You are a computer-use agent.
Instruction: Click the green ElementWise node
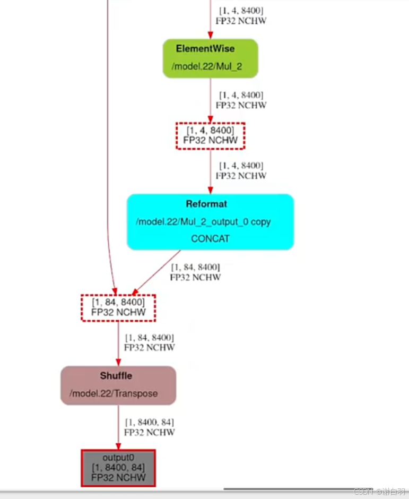[210, 58]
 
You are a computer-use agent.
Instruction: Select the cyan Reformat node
[210, 221]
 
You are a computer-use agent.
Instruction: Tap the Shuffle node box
[118, 385]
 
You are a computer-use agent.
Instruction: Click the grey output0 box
[118, 468]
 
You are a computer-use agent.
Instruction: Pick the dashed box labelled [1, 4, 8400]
[210, 135]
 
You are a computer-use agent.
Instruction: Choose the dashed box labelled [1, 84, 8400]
[118, 307]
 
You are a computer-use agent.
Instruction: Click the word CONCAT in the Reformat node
[210, 239]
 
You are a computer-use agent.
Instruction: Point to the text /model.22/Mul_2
[210, 66]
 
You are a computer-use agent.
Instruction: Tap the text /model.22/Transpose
[114, 394]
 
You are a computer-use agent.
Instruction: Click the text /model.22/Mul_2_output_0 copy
[203, 222]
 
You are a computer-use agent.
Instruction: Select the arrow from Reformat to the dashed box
[156, 272]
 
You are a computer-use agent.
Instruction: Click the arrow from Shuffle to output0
[118, 427]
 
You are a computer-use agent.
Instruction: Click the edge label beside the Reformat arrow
[195, 272]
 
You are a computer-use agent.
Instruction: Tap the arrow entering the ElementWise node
[210, 21]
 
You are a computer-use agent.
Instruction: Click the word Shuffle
[116, 376]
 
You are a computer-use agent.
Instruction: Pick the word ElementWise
[205, 49]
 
